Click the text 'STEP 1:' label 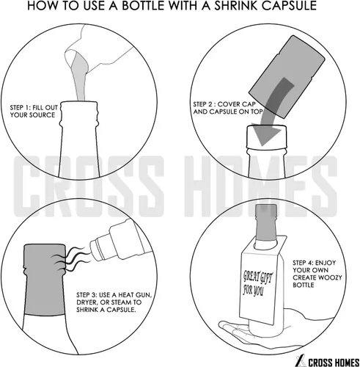(21, 108)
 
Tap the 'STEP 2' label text (203, 104)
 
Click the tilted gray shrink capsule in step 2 (287, 77)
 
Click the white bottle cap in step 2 (266, 137)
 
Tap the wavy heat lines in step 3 (73, 260)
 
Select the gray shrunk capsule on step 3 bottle (44, 279)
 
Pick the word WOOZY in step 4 (331, 277)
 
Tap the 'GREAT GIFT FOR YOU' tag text (257, 283)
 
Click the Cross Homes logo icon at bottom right (301, 361)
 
